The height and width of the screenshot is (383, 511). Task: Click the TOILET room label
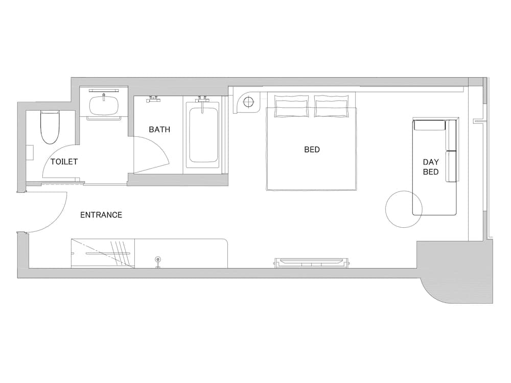point(64,161)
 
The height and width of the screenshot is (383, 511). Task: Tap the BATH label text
point(159,130)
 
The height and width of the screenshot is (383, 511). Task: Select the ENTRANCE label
point(101,215)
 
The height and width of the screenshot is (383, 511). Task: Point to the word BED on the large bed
point(312,150)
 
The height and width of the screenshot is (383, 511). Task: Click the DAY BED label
point(430,167)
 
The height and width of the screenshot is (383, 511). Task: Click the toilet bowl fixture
point(50,127)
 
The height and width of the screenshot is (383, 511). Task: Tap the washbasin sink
point(104,105)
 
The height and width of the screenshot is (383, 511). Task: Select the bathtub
point(202,135)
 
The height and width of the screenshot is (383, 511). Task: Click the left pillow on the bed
point(291,106)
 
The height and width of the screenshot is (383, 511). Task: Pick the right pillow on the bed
point(332,106)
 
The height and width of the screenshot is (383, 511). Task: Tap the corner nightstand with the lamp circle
point(247,103)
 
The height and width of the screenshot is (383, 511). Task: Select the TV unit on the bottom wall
point(311,262)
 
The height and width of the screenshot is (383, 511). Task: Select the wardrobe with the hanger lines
point(103,253)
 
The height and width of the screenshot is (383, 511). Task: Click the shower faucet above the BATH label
point(153,99)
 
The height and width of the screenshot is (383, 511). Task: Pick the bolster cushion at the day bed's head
point(429,125)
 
